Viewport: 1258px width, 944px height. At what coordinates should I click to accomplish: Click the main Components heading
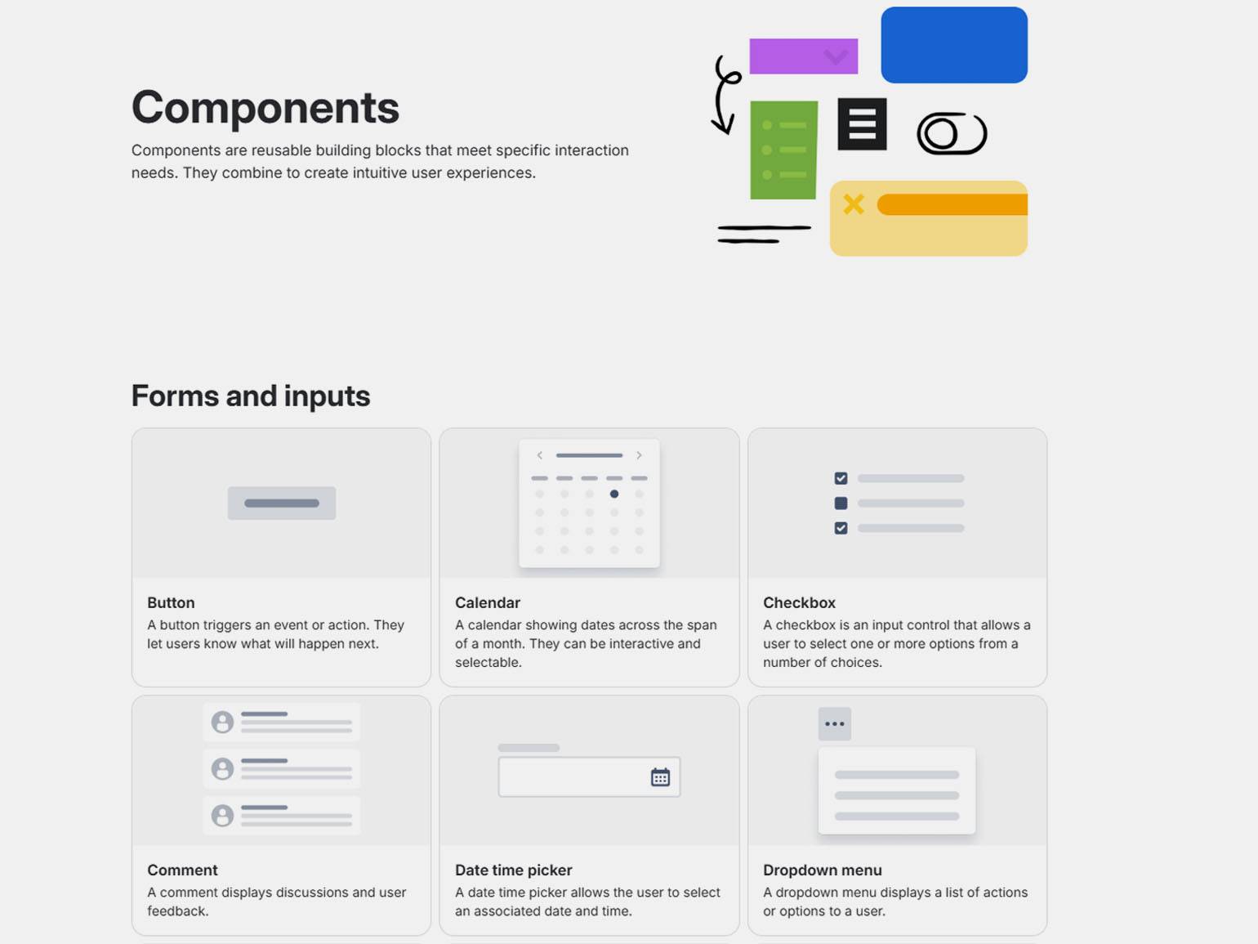tap(265, 107)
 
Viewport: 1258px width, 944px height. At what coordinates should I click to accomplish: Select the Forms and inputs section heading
tap(251, 396)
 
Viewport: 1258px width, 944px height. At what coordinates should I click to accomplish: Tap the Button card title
tap(171, 602)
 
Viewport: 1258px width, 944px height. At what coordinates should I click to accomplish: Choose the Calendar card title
tap(488, 602)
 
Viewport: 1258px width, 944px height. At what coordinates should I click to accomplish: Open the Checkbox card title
tap(799, 602)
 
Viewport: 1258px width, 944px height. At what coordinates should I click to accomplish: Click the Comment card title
tap(182, 870)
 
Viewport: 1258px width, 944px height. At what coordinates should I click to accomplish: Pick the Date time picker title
tap(514, 870)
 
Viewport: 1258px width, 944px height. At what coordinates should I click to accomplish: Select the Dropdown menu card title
tap(823, 870)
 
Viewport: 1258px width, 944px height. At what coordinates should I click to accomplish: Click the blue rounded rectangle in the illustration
tap(954, 45)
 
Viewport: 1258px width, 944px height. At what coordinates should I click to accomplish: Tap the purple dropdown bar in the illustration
tap(804, 56)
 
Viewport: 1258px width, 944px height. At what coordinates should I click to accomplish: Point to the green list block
tap(784, 150)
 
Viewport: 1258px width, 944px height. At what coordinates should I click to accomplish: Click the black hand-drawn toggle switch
tap(952, 133)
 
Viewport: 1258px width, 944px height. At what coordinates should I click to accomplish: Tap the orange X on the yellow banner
tap(854, 204)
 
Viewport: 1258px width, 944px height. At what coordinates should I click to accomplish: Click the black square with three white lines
tap(862, 123)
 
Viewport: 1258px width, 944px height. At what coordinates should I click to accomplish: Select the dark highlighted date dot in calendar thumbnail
tap(613, 494)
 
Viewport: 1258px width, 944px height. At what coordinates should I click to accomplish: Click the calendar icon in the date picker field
tap(660, 777)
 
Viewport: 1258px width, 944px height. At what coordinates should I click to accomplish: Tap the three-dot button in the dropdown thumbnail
tap(835, 723)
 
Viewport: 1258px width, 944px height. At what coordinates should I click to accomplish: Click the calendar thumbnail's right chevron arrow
tap(639, 455)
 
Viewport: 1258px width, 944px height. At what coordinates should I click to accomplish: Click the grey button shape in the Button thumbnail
tap(281, 503)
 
